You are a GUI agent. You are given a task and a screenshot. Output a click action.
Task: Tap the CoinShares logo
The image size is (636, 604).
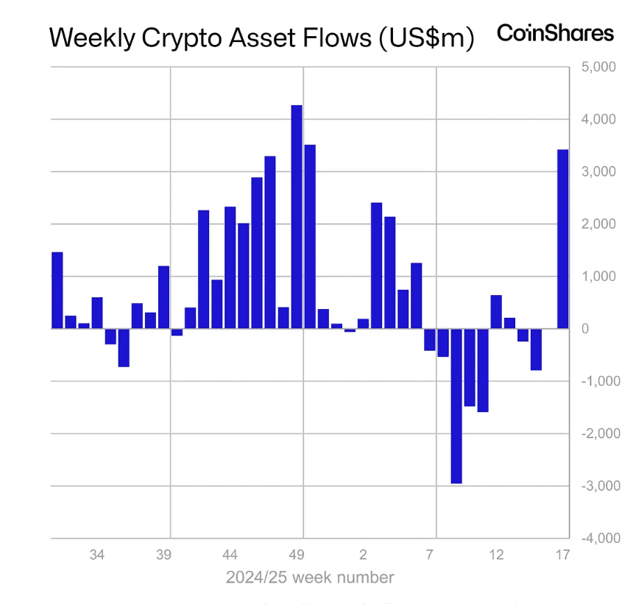555,33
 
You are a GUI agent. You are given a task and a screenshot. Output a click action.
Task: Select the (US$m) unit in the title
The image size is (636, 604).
425,38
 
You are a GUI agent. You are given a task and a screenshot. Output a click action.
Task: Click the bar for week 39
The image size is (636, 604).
163,297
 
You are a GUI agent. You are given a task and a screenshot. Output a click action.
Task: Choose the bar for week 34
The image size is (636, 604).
97,313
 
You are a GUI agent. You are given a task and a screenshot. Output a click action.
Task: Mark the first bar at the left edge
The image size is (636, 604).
57,291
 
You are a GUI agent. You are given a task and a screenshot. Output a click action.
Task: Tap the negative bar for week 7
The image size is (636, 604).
430,339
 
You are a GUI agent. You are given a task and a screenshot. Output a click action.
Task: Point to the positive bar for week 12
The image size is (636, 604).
496,312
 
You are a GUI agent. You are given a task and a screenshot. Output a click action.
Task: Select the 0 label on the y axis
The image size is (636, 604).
584,329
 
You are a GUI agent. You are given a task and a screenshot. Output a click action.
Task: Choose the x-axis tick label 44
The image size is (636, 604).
230,555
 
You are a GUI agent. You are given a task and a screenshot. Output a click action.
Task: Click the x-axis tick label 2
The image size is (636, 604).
363,555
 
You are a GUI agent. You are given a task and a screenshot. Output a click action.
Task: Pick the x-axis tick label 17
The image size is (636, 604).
563,555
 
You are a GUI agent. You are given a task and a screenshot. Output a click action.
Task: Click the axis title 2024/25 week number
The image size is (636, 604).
310,578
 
